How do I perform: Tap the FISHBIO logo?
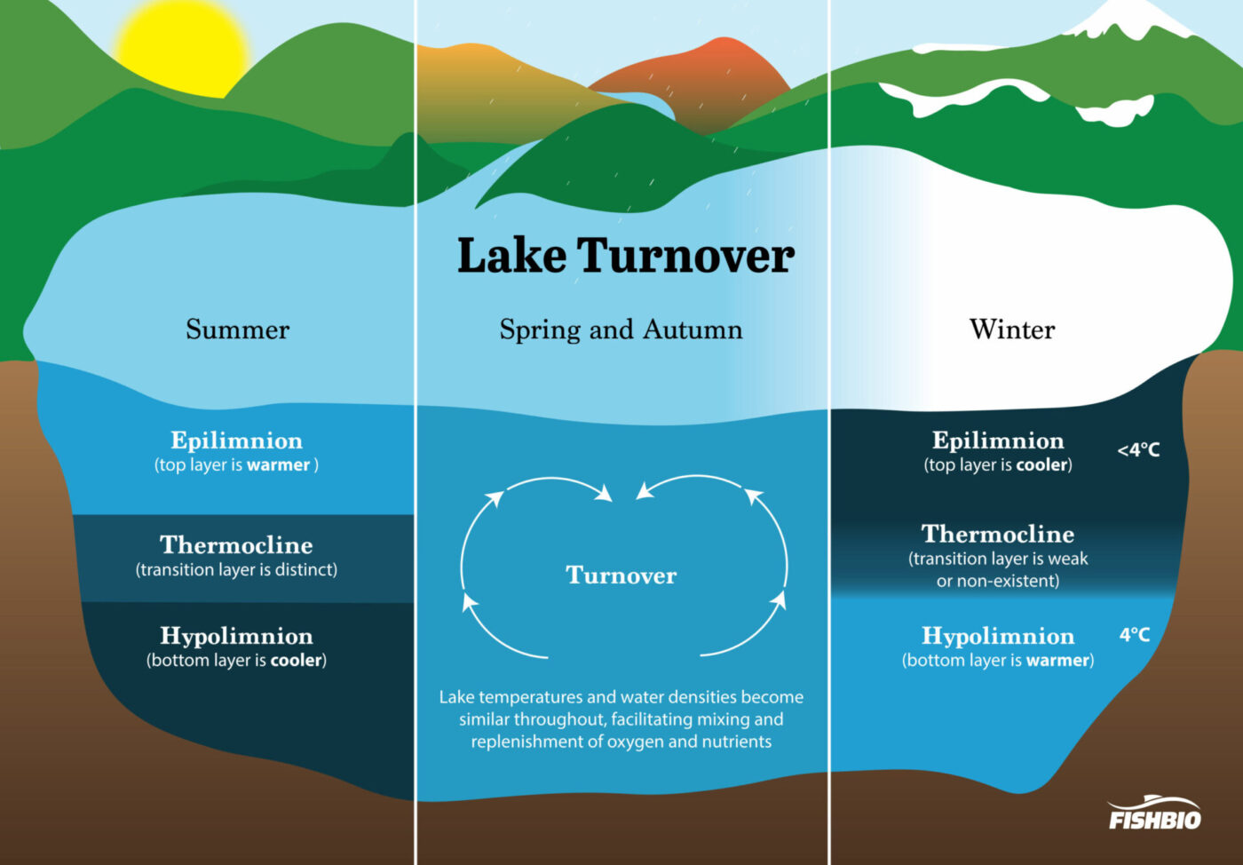1154,813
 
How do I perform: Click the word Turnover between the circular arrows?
621,575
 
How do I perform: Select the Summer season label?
237,329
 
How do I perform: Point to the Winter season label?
1012,329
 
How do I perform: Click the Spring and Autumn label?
621,329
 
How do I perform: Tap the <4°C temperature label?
1138,450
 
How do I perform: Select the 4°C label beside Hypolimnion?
1134,635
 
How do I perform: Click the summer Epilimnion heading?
236,440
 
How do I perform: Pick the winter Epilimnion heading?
998,440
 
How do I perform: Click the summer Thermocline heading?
236,544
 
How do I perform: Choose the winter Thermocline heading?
998,534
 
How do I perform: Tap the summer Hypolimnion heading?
236,636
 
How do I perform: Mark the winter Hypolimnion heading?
998,636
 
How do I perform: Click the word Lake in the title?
511,256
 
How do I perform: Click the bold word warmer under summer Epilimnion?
278,465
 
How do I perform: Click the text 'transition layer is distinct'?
236,570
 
